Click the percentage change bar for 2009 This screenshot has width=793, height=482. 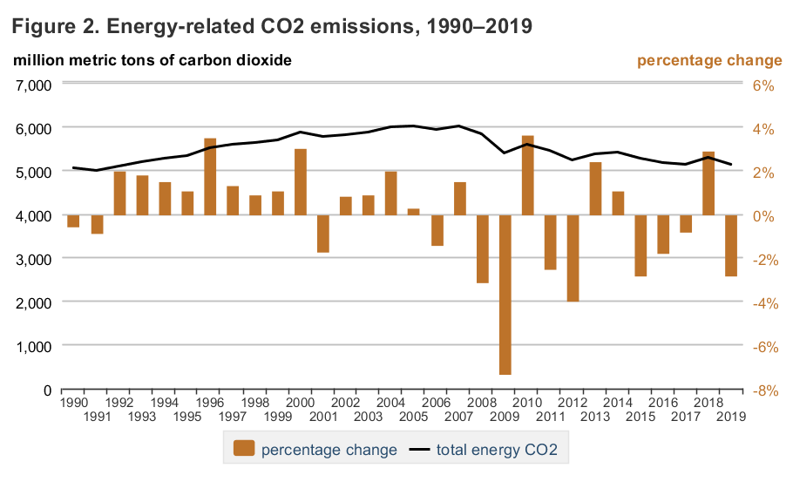(x=505, y=295)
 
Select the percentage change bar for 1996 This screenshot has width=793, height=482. (x=210, y=176)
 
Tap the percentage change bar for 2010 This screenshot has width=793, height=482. (x=527, y=175)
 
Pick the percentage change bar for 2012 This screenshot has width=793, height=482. (x=573, y=258)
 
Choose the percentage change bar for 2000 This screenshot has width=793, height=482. (x=300, y=182)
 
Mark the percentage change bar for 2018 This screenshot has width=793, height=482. (x=708, y=183)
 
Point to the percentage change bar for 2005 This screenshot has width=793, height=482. (x=414, y=212)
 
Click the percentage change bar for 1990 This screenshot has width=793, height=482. (x=73, y=221)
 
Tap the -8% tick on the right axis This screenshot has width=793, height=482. (x=763, y=390)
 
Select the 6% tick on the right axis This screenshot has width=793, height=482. (x=763, y=85)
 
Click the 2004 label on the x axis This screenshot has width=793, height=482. (x=391, y=403)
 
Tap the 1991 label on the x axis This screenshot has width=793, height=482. (x=97, y=416)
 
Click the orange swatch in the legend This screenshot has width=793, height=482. (x=243, y=450)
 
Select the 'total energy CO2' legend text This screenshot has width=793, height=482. (x=496, y=450)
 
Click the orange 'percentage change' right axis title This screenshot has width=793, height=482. (x=709, y=60)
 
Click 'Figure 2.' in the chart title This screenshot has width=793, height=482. (x=52, y=26)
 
